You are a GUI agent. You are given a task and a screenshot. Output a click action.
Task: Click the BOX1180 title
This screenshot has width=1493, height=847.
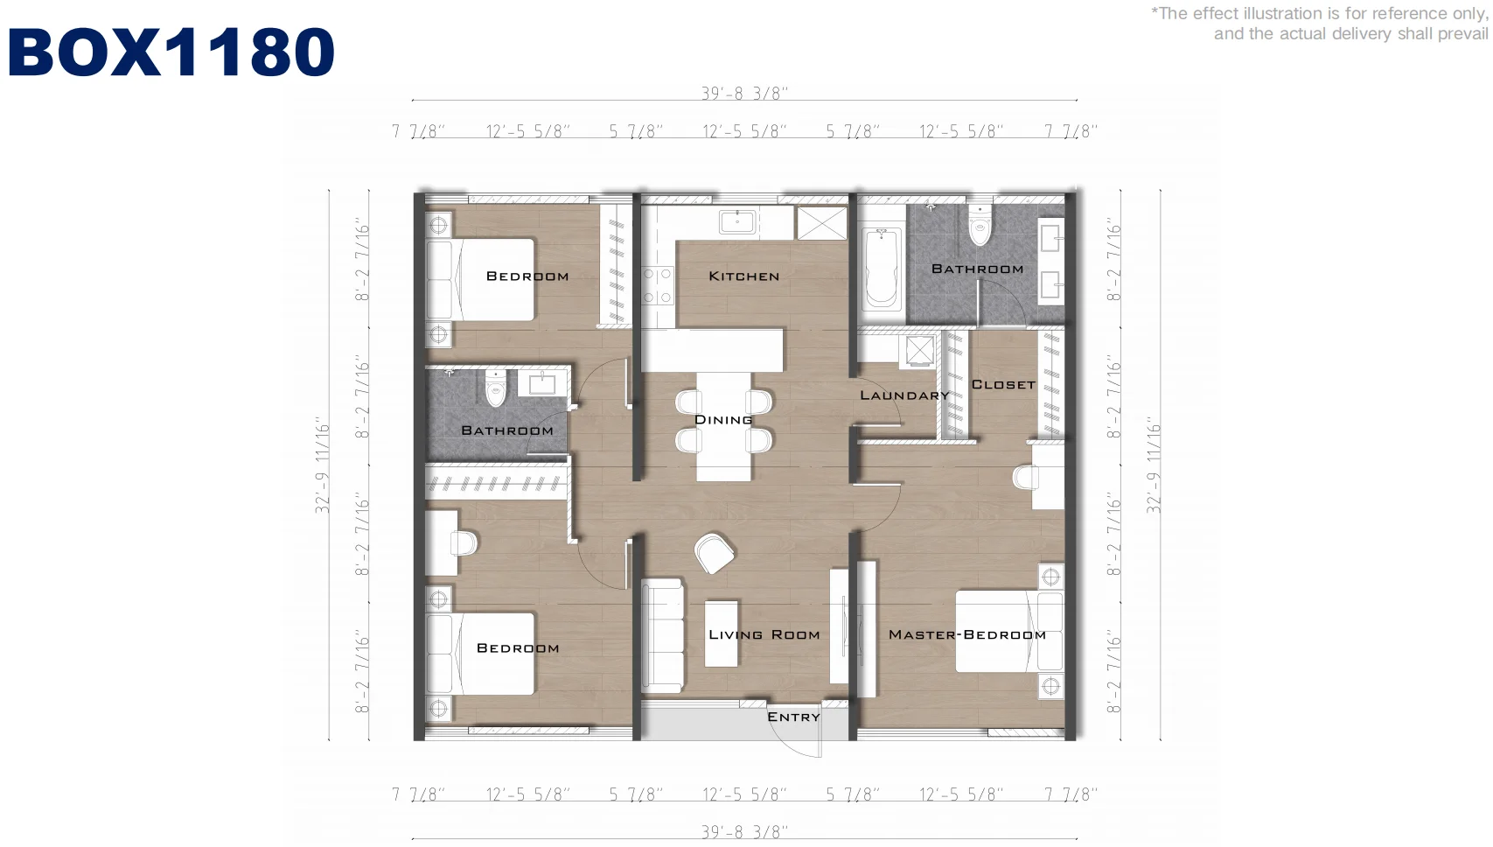[171, 52]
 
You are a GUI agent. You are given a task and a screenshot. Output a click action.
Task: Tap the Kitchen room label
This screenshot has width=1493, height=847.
[743, 276]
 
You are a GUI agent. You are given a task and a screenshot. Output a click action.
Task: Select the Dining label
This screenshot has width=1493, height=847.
[723, 419]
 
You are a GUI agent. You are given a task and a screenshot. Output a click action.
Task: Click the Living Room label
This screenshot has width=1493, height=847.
[764, 634]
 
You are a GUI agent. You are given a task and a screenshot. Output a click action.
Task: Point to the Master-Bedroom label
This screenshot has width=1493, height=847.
[967, 634]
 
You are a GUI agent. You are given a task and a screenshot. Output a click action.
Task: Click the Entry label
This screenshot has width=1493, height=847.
[793, 717]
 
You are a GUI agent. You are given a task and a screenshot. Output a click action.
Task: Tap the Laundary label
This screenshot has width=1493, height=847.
[904, 395]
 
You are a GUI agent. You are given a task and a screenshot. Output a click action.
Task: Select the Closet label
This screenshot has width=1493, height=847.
[1003, 384]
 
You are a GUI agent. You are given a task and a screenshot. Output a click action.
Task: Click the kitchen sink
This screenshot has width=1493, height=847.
[737, 221]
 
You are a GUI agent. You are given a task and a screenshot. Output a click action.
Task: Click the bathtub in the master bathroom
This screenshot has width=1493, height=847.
[881, 268]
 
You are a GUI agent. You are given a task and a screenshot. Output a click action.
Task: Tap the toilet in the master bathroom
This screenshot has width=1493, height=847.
[979, 226]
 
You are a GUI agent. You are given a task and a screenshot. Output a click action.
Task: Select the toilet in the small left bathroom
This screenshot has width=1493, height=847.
[495, 388]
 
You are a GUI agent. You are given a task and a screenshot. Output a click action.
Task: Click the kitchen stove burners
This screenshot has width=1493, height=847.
[657, 285]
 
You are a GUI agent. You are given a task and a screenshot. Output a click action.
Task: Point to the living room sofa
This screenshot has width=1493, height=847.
[662, 635]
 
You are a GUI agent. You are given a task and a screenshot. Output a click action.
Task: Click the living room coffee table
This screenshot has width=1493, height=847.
[722, 633]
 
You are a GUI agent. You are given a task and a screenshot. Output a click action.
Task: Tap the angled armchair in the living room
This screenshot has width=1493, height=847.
[714, 553]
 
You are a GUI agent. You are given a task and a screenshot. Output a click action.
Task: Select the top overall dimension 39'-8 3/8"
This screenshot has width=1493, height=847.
[744, 94]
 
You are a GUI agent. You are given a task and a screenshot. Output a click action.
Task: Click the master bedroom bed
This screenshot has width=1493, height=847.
[1009, 631]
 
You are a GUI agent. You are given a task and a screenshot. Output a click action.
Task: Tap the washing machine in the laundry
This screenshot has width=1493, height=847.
[918, 351]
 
